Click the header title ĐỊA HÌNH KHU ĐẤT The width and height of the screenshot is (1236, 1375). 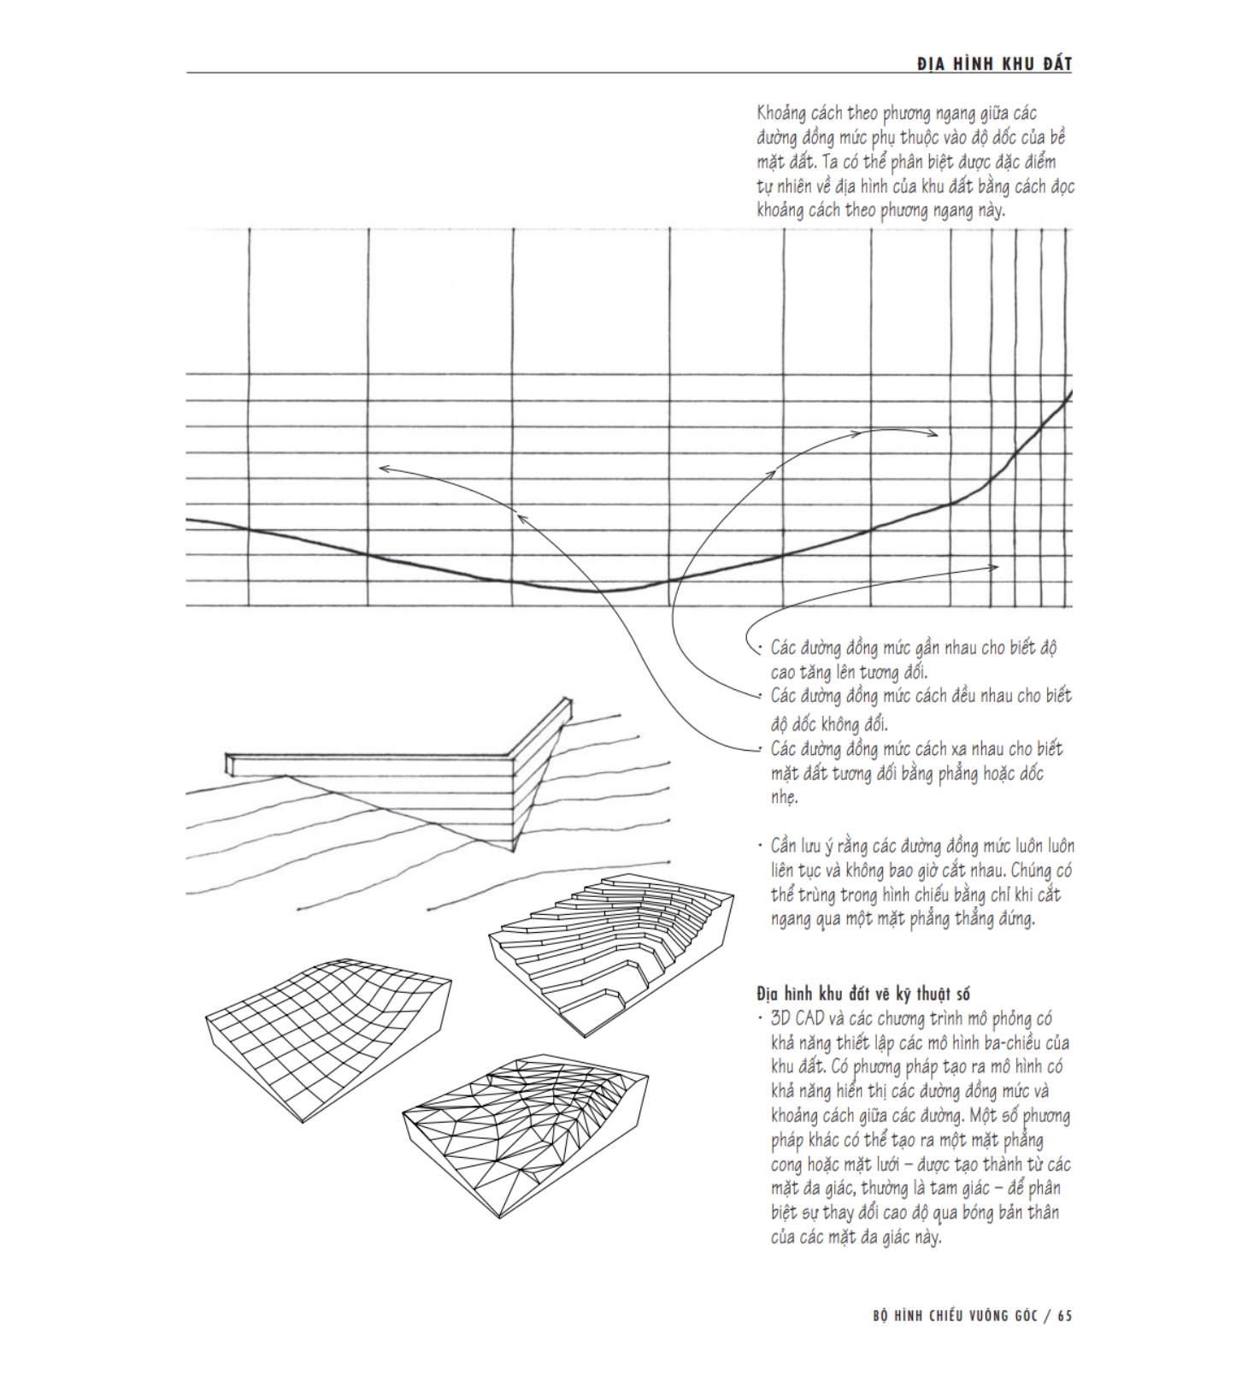pos(993,64)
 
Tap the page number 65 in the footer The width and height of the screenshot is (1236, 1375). pos(1064,1316)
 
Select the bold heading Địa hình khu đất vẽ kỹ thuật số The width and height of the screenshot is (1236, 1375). pos(863,994)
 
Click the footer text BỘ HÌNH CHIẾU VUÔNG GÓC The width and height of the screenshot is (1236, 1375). pos(955,1316)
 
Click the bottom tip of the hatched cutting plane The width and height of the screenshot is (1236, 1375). pos(513,850)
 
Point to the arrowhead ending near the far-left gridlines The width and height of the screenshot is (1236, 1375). pos(381,468)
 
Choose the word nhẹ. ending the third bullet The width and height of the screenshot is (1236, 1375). pos(784,797)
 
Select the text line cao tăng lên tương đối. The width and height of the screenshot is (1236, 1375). pos(849,672)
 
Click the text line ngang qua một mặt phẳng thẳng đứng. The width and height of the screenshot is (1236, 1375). pos(902,919)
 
